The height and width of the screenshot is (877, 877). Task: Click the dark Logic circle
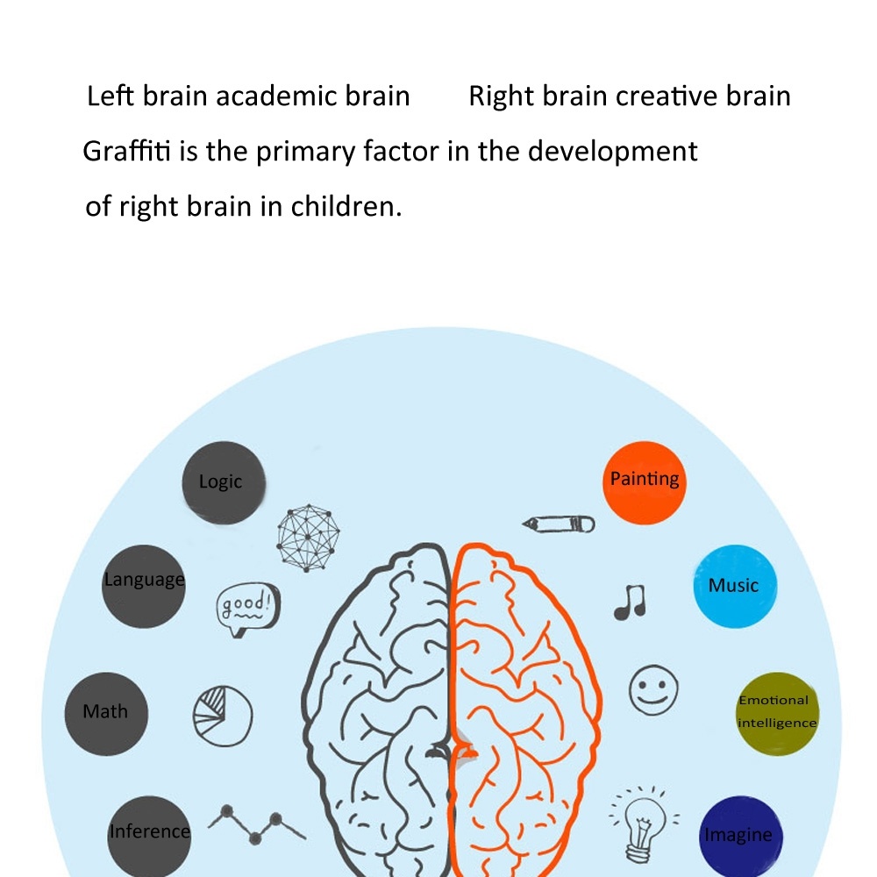click(x=224, y=483)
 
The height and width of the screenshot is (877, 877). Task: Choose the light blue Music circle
click(x=735, y=587)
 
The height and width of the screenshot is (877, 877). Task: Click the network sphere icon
click(x=308, y=538)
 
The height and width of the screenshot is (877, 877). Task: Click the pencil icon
click(x=559, y=524)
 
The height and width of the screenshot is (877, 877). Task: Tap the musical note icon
click(x=630, y=602)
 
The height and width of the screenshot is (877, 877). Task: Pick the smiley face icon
click(x=653, y=689)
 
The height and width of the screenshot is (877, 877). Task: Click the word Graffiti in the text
click(x=128, y=152)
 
